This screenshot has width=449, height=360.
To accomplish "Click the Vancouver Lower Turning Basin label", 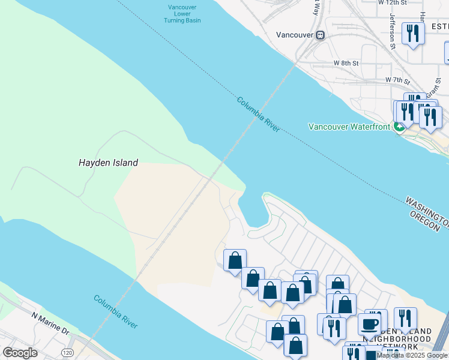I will click(x=182, y=14).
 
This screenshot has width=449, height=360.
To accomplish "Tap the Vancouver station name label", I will click(x=295, y=35).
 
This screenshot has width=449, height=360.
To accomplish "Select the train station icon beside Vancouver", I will click(x=321, y=35).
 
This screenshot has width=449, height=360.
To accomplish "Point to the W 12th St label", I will click(x=393, y=2).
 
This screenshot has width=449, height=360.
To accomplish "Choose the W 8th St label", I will click(x=346, y=63).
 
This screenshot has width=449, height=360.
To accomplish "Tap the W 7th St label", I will click(x=397, y=80).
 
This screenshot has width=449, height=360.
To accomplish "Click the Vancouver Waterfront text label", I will click(x=349, y=127).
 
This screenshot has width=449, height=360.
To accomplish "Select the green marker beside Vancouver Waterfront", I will click(x=399, y=127).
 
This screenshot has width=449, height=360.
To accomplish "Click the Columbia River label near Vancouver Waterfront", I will click(x=258, y=115).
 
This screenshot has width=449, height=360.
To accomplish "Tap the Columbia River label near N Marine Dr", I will click(x=116, y=311).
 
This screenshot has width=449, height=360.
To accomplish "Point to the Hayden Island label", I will click(x=109, y=163).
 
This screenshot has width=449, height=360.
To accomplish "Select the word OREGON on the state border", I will click(x=429, y=222).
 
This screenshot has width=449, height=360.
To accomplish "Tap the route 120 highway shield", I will click(x=67, y=352).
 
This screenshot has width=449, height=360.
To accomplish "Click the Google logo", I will click(x=20, y=352).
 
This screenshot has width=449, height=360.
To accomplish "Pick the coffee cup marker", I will click(x=369, y=324).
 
